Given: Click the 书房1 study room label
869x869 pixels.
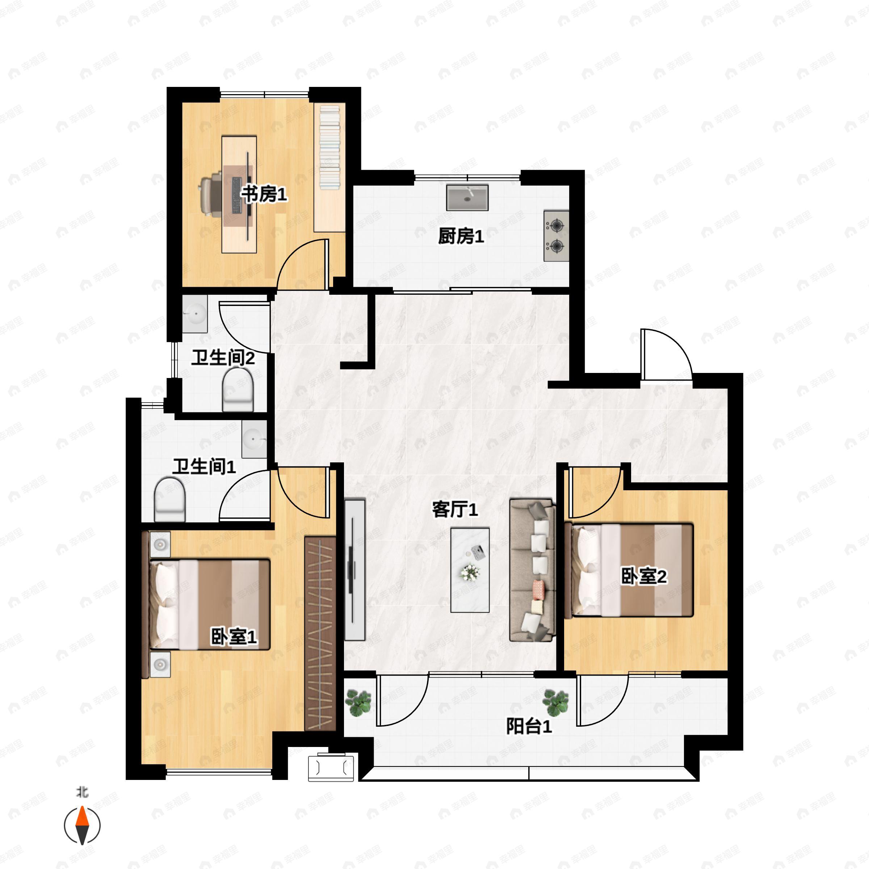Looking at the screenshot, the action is [x=264, y=195].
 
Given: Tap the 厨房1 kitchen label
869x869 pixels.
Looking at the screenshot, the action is [x=461, y=236].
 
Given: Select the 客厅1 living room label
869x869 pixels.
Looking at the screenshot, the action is [x=455, y=509].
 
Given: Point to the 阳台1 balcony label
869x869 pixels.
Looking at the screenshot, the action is [x=529, y=726].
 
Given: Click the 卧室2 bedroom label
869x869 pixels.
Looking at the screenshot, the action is [x=644, y=576].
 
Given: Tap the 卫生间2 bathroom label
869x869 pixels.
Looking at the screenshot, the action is [x=223, y=358].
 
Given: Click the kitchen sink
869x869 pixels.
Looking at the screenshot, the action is [x=467, y=197].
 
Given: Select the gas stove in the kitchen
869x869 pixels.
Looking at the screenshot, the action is [x=557, y=236].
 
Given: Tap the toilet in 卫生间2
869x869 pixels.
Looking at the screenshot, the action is [x=238, y=390].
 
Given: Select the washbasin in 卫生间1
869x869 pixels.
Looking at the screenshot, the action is [x=254, y=438].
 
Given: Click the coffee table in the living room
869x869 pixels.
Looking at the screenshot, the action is [x=470, y=570].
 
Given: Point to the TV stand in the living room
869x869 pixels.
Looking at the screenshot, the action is [x=355, y=570].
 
